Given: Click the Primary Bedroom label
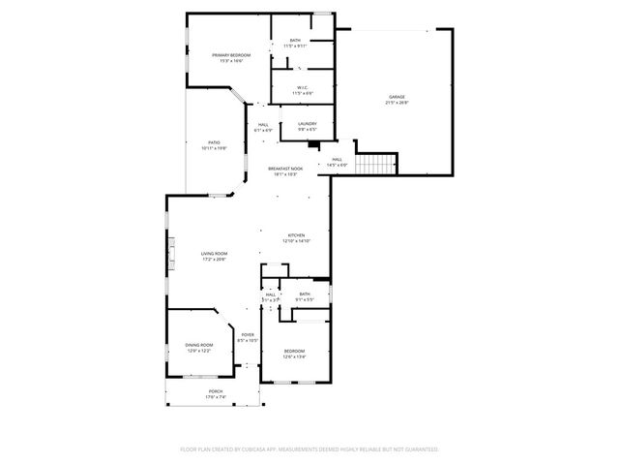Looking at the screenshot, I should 231,55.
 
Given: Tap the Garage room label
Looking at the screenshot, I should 397,97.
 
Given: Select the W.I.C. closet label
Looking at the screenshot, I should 304,88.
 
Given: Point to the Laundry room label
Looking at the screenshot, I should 308,123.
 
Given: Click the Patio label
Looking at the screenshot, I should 214,142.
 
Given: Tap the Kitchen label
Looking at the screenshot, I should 296,235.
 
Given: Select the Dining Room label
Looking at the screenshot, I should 199,344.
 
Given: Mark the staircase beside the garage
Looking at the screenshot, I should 376,165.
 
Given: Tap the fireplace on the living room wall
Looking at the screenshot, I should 171,256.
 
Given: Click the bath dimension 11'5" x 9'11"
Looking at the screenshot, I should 295,46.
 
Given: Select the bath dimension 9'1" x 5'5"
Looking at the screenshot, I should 305,299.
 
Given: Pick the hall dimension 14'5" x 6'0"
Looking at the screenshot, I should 337,165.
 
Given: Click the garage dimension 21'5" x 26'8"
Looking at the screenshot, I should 397,103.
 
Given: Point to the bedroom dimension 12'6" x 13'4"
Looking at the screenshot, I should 294,356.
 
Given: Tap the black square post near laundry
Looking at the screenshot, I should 313,146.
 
